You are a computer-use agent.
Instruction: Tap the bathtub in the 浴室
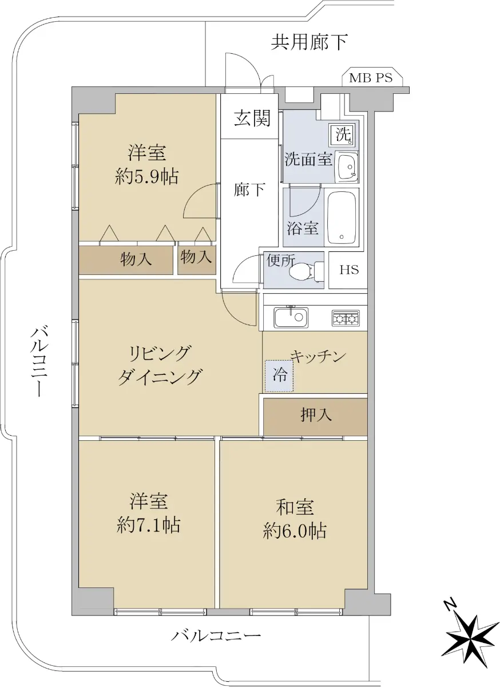pos(342,217)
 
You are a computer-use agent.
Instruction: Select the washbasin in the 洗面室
pos(347,167)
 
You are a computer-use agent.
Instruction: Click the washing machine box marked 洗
pos(342,135)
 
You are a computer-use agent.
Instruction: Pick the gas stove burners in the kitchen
pos(345,318)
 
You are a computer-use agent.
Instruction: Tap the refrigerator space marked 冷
pos(279,376)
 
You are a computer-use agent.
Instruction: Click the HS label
pos(349,270)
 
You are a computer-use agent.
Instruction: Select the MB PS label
pos(371,78)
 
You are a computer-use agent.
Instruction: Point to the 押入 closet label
pos(316,415)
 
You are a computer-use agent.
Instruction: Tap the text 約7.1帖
pos(148,526)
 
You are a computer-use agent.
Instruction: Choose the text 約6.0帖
pos(294,532)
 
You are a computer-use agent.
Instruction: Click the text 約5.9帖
pos(146,176)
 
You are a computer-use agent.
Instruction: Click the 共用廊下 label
pos(309,42)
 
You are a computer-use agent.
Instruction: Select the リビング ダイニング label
pos(160,365)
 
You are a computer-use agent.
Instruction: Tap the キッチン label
pos(318,356)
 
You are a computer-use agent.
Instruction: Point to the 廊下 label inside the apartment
pos(249,189)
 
